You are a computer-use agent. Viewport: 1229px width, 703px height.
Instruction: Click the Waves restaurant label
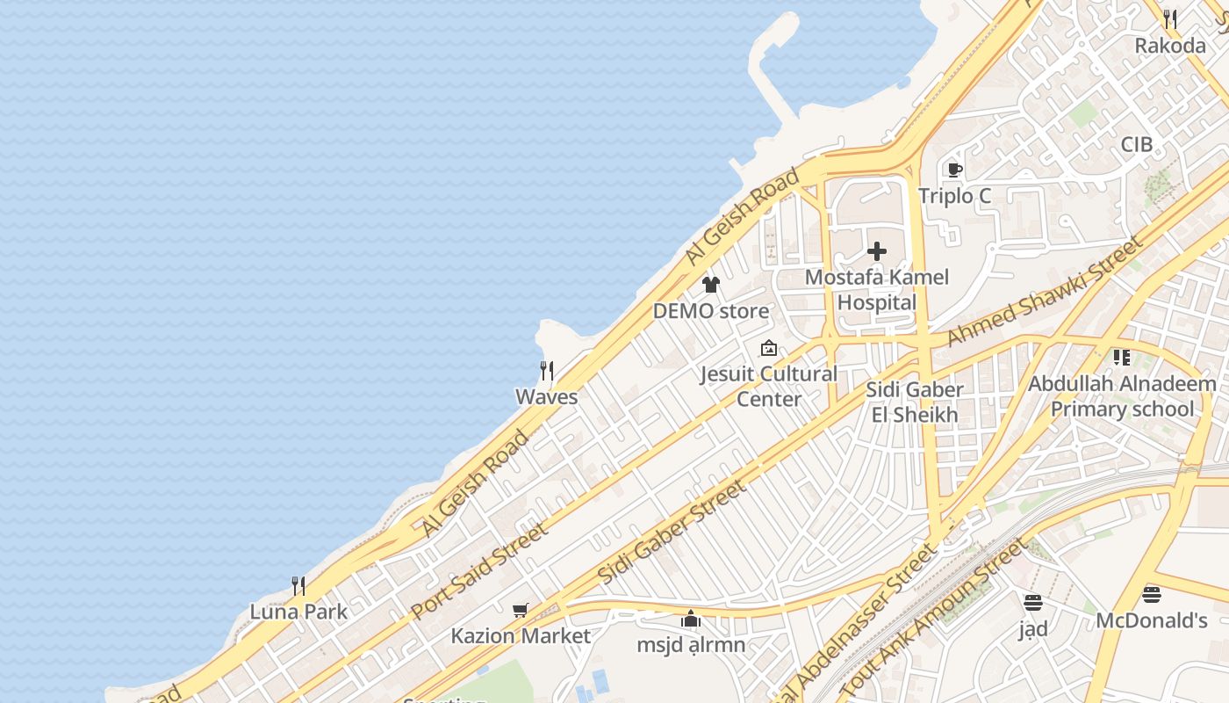point(546,396)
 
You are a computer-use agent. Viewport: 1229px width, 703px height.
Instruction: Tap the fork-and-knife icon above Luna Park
point(298,586)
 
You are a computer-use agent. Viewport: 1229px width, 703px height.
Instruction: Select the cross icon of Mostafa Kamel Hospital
point(876,252)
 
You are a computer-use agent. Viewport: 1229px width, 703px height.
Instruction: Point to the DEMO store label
point(710,311)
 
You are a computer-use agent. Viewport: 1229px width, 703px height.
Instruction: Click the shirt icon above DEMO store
point(710,285)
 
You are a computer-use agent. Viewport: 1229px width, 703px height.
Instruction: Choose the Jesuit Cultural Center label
point(768,386)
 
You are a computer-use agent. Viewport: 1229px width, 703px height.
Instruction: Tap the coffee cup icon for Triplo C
point(954,170)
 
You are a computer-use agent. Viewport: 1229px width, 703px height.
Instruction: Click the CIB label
point(1136,144)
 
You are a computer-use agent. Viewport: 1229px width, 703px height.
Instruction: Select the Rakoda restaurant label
point(1169,46)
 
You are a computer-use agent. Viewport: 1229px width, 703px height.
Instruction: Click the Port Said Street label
point(479,569)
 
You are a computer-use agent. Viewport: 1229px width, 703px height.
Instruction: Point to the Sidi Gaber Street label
point(672,532)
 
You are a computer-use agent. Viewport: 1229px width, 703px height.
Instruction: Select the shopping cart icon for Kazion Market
point(520,610)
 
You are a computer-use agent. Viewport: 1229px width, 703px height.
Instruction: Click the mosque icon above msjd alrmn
point(691,620)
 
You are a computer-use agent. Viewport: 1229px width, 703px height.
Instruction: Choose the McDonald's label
point(1151,620)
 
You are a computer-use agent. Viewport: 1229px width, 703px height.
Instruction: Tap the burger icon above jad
point(1033,603)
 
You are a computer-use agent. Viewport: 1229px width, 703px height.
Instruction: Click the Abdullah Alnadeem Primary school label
point(1122,396)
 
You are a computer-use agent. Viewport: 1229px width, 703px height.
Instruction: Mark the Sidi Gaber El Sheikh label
point(914,402)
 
